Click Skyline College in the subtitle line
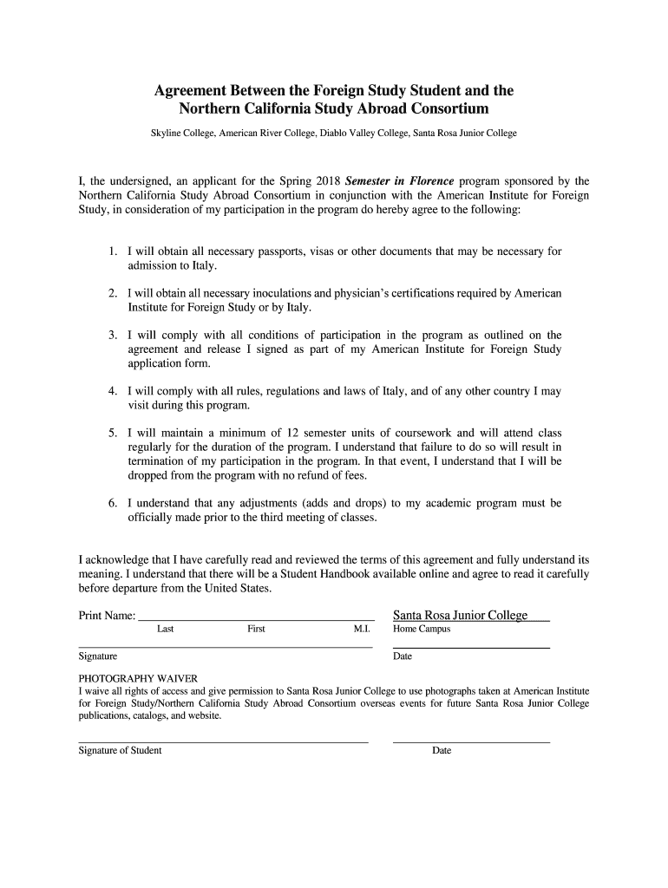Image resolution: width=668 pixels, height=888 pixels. (x=182, y=134)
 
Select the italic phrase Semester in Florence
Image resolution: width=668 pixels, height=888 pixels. (x=399, y=181)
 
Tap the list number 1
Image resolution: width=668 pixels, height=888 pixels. (x=113, y=251)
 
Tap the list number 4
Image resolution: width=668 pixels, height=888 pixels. (x=113, y=391)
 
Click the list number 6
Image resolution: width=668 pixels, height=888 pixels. (x=113, y=503)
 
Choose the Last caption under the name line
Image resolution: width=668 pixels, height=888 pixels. (x=165, y=629)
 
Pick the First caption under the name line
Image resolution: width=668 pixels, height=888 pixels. (x=256, y=629)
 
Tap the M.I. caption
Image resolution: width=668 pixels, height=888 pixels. (x=362, y=629)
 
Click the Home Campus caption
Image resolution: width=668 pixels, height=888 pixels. (x=422, y=629)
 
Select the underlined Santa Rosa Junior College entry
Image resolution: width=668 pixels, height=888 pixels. (x=461, y=615)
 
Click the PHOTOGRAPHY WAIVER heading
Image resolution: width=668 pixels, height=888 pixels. (x=138, y=677)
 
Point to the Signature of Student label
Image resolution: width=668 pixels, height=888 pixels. (x=120, y=750)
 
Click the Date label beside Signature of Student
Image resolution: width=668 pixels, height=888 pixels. (x=442, y=750)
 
